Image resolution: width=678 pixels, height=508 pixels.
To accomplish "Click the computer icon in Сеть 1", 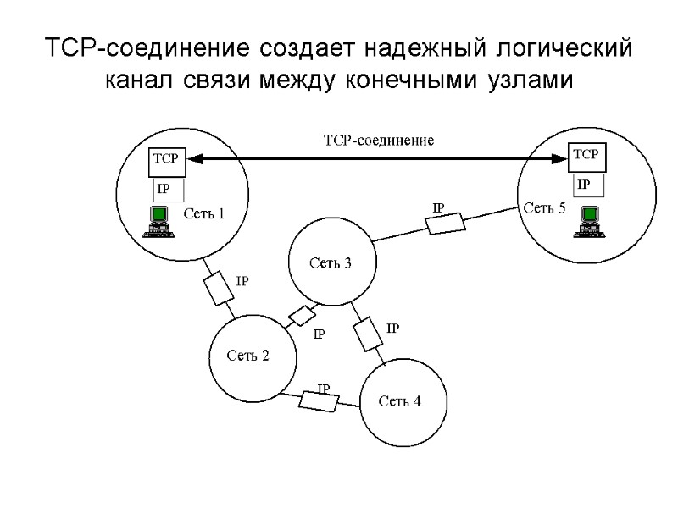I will (157, 222).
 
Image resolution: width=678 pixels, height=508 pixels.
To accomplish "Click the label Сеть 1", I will (204, 213).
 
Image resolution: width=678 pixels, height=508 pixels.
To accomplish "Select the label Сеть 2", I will (247, 356).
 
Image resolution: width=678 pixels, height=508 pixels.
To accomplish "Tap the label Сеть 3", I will (330, 262).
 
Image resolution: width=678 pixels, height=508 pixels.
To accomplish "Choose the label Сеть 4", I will (399, 400).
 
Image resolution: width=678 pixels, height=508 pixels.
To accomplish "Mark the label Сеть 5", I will (544, 208).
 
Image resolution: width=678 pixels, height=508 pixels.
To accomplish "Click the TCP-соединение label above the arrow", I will (379, 141).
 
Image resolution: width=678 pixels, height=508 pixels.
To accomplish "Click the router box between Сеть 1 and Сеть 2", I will (219, 288).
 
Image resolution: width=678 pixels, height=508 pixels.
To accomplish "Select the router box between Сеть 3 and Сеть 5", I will (445, 223).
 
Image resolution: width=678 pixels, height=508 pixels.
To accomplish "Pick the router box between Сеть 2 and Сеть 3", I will (301, 315).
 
